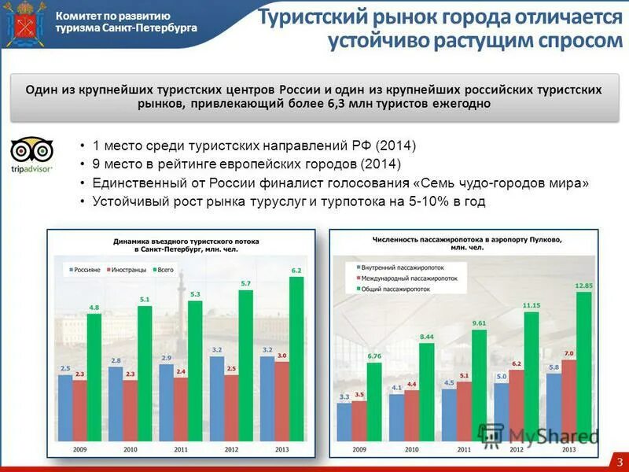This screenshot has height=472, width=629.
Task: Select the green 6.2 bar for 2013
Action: click(x=296, y=362)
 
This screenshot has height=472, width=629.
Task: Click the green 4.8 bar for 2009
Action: click(x=94, y=381)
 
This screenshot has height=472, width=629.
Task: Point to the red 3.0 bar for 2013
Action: click(x=281, y=404)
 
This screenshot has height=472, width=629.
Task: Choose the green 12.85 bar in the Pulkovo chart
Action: click(x=583, y=370)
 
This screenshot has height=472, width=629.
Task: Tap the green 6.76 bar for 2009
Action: click(x=374, y=404)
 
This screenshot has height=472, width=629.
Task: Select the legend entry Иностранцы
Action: click(x=123, y=269)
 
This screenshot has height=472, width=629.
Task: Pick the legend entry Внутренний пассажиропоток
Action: click(x=399, y=267)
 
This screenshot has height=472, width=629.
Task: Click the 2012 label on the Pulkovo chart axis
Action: click(x=516, y=450)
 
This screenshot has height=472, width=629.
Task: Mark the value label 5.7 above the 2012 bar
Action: click(x=245, y=283)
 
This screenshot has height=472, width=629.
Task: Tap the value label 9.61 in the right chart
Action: click(x=479, y=323)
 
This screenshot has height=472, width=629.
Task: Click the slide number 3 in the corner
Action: click(x=619, y=459)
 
